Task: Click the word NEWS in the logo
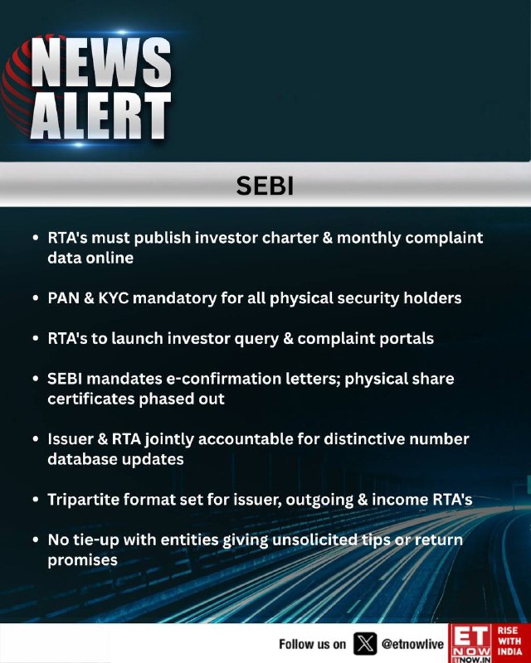pyautogui.click(x=101, y=63)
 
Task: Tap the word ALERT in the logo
pyautogui.click(x=100, y=116)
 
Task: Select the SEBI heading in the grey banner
pyautogui.click(x=265, y=186)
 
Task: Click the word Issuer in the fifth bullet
pyautogui.click(x=70, y=439)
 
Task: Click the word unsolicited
pyautogui.click(x=314, y=540)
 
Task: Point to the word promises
pyautogui.click(x=82, y=561)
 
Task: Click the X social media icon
pyautogui.click(x=365, y=644)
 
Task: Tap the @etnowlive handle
pyautogui.click(x=412, y=644)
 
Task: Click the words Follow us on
pyautogui.click(x=313, y=644)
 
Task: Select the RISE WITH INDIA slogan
pyautogui.click(x=509, y=641)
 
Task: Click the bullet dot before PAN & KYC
pyautogui.click(x=36, y=298)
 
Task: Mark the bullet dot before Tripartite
pyautogui.click(x=36, y=500)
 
